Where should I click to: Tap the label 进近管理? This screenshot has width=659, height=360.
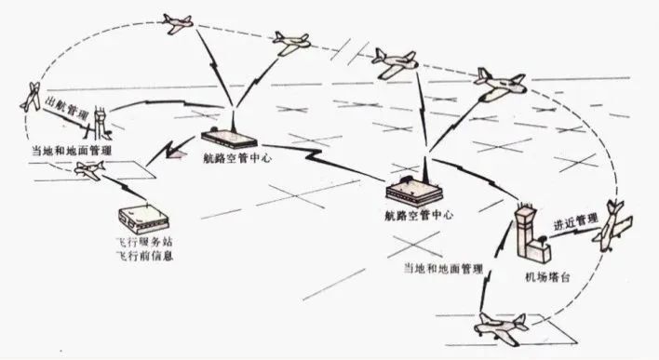(575, 221)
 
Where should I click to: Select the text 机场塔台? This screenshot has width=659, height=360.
(547, 277)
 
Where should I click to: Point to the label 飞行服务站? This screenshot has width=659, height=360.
(144, 243)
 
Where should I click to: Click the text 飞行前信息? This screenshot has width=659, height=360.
(144, 256)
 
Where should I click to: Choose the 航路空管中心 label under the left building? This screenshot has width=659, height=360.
(236, 158)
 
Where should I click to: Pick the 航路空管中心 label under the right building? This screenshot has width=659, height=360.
(419, 215)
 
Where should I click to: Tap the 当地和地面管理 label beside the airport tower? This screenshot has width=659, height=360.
(443, 269)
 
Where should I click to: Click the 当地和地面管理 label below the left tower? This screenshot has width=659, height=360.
(73, 151)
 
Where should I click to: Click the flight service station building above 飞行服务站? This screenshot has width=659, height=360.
(143, 220)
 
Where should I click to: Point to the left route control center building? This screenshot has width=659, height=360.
(229, 138)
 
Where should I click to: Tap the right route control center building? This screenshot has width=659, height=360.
(414, 191)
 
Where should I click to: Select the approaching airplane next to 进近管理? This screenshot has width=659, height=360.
(612, 226)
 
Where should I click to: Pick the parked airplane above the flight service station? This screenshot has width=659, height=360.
(89, 169)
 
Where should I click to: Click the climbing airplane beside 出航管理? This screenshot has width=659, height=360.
(31, 97)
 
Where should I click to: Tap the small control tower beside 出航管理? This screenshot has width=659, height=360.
(100, 123)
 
